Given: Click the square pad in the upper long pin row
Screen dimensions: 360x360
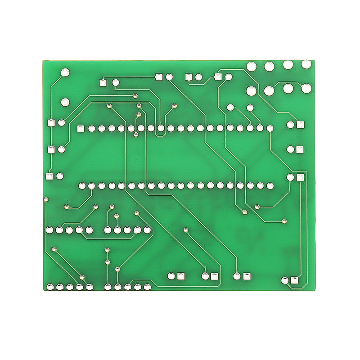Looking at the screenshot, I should (81, 129).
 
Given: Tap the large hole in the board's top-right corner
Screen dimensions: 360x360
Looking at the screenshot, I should (306, 64).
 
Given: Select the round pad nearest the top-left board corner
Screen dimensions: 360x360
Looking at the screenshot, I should (66, 72).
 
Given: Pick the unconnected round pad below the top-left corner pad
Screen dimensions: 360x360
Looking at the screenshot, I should (65, 102).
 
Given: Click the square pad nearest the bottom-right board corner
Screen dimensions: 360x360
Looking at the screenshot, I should (295, 281).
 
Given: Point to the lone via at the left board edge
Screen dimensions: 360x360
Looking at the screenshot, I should (46, 198).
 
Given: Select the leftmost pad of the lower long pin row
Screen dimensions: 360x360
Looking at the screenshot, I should (82, 185).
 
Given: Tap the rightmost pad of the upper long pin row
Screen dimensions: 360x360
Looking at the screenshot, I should (270, 129).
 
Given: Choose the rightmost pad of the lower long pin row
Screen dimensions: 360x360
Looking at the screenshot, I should (270, 185).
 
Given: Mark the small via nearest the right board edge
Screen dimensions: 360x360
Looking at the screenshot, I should (284, 221).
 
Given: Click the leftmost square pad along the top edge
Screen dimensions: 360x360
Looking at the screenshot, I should (103, 82).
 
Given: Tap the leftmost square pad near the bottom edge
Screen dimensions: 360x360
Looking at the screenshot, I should (181, 276).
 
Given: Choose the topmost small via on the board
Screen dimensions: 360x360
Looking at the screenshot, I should (135, 95).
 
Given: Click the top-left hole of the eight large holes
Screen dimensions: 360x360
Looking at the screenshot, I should (251, 67).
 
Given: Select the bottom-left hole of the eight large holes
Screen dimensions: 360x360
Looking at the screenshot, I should (251, 91).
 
